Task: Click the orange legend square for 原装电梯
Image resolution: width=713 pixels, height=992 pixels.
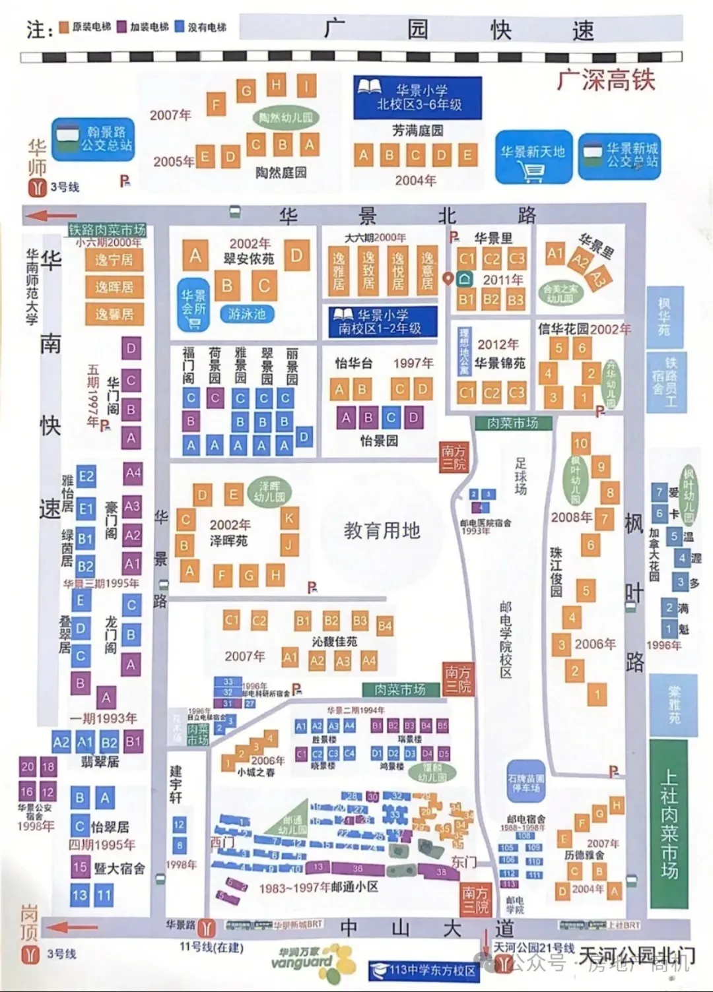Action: tap(64, 27)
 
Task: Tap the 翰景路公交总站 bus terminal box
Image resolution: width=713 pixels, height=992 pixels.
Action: tap(92, 140)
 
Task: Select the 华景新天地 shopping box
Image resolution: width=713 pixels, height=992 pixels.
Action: tap(533, 156)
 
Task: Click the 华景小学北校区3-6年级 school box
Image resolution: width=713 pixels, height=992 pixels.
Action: tap(417, 97)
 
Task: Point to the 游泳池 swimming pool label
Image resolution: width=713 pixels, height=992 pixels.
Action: tap(246, 314)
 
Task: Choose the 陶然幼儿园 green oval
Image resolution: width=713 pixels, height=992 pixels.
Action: tap(285, 117)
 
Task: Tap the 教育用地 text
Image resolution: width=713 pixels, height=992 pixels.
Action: tap(382, 530)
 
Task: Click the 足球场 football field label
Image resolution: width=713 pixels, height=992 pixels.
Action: tap(521, 476)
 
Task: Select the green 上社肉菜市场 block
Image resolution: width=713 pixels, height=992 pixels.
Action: tap(669, 824)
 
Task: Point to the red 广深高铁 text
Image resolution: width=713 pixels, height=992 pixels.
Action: tap(605, 80)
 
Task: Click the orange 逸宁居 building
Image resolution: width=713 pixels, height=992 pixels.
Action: tap(114, 260)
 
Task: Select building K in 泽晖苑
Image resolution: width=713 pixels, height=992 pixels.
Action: tap(289, 518)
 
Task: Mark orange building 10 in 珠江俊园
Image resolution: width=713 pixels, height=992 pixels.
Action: tap(580, 443)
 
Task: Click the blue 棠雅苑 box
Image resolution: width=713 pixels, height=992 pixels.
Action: tap(673, 705)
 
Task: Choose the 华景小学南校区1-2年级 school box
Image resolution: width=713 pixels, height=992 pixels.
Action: tap(380, 322)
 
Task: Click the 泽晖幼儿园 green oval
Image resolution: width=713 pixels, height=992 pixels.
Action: tap(269, 491)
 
